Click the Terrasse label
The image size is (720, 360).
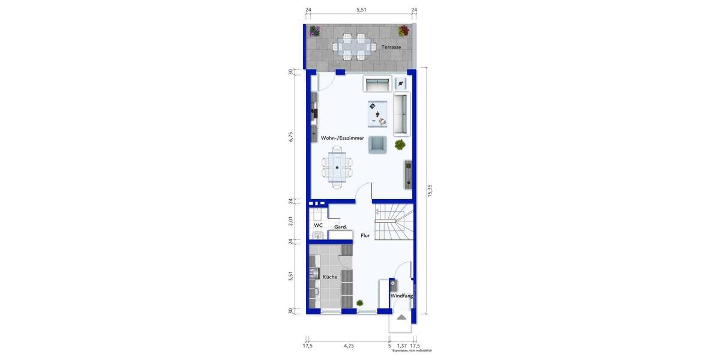click(x=391, y=46)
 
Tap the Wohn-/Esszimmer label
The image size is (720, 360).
click(x=342, y=138)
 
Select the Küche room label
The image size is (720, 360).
click(x=329, y=277)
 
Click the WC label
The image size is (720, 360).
click(x=318, y=225)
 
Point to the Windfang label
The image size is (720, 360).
click(x=401, y=296)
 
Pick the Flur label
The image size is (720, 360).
click(x=365, y=236)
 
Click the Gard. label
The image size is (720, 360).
click(x=341, y=227)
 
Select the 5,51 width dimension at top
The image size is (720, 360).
click(x=361, y=10)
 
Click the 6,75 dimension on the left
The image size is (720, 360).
click(x=290, y=137)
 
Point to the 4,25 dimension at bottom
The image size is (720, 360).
click(x=348, y=346)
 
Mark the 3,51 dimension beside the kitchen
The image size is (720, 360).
click(x=290, y=276)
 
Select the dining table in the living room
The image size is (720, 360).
click(x=337, y=167)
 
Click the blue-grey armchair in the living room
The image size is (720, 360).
click(x=377, y=144)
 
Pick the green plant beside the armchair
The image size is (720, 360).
click(x=400, y=144)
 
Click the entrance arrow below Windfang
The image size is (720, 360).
click(x=401, y=317)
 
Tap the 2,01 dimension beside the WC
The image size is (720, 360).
click(x=290, y=221)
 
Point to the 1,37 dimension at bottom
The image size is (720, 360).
click(x=401, y=346)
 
